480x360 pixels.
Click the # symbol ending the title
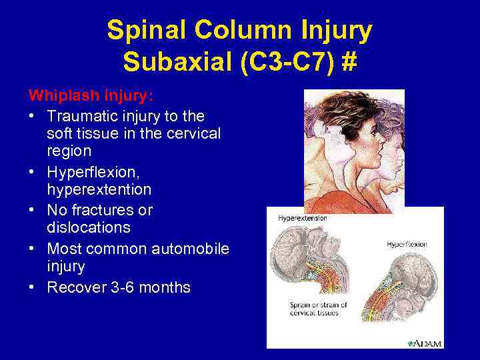pos(349,63)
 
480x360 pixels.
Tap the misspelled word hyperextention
pos(99,190)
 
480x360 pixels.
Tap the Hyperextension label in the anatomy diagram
pos(302,217)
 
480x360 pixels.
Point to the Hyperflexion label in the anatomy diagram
pos(407,245)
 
